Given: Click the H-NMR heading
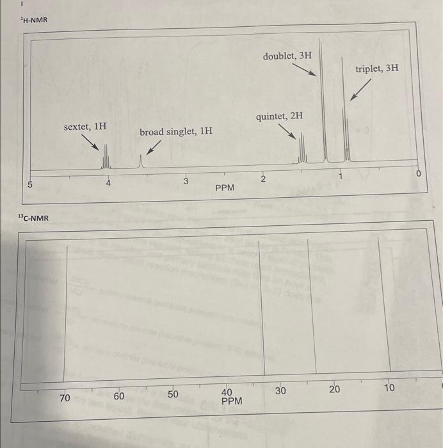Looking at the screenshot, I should point(34,22).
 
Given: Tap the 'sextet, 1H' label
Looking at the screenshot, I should point(85,127).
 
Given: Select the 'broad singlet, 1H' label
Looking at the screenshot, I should point(176,131).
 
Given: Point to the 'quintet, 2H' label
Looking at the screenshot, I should point(279,117).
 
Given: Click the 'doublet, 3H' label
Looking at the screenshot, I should point(287,56).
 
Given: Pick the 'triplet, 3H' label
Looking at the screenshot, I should point(377,67).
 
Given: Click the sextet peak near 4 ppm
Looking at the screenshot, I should point(107,157).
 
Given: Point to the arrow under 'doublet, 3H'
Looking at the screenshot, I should point(305,68).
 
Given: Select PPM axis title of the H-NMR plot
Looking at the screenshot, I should point(225,188).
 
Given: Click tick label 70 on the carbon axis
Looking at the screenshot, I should point(64,397).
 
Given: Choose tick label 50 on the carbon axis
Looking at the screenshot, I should point(173,394).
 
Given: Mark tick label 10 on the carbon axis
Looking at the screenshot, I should point(390,388).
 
